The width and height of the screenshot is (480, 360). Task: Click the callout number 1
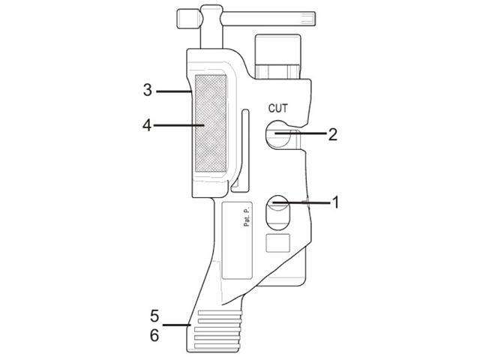(337, 202)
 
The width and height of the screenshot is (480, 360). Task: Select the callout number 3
(148, 91)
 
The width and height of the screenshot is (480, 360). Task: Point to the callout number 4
(148, 125)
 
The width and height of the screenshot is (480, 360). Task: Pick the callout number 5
(154, 315)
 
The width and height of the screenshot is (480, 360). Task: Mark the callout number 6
(154, 335)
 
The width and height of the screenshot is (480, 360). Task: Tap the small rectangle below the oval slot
(278, 242)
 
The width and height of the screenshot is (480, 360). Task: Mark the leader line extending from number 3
(174, 91)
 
